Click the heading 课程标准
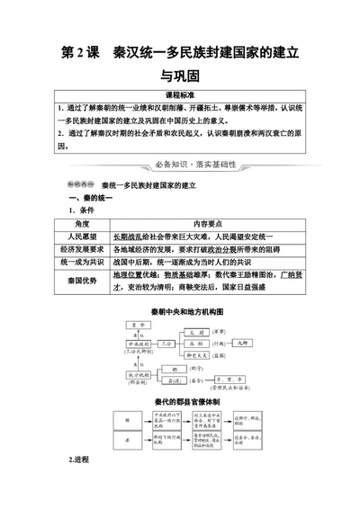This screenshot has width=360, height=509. [x=180, y=94]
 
